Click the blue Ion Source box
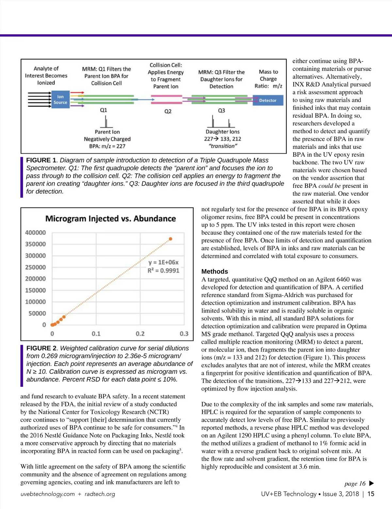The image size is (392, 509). [60, 100]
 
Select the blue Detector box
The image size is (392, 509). [268, 100]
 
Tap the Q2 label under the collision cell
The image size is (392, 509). [168, 111]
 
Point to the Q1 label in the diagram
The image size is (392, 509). [104, 110]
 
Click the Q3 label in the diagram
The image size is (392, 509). [221, 111]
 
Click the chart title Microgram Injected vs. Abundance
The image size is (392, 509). [110, 219]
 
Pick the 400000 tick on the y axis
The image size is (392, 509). [35, 233]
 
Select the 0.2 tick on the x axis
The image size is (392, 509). [140, 334]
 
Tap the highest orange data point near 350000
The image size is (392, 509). [170, 239]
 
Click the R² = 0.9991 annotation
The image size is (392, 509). [163, 271]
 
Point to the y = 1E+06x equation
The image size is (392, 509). [163, 262]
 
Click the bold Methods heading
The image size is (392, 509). [215, 271]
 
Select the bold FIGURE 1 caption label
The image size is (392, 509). [41, 160]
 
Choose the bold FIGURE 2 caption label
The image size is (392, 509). [41, 348]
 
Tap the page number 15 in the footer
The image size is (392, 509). [371, 494]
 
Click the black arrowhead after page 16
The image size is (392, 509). [371, 484]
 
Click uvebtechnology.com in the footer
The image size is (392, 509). [47, 494]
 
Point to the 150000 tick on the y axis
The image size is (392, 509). [35, 290]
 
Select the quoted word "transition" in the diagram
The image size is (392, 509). [223, 146]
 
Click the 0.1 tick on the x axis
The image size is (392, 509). [96, 334]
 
